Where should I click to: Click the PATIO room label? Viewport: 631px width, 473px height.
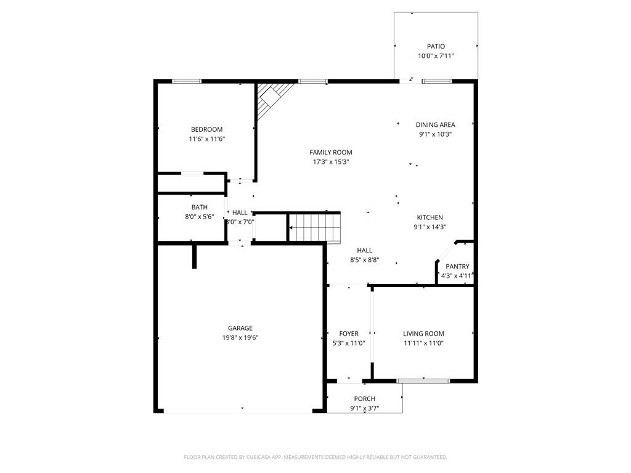pos(436,46)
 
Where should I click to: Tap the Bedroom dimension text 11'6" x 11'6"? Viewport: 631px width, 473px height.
pos(206,139)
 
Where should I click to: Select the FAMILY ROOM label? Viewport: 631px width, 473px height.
pos(331,152)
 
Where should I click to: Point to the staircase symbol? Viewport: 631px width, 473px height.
pos(315,227)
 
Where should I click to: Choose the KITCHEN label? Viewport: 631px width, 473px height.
pos(429,217)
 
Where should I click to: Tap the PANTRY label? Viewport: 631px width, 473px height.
pos(457,267)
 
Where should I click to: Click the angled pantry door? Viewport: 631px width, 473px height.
pos(445,254)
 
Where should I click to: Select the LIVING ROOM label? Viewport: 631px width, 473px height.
pos(423,334)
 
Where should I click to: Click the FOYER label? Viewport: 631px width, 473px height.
pos(348,334)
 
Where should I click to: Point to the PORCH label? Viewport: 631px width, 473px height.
pos(364,399)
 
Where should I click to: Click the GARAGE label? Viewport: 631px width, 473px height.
pos(240,328)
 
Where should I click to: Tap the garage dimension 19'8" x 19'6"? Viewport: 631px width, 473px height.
pos(240,338)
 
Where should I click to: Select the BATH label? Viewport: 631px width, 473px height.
pos(199,208)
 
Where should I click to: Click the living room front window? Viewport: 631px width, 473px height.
pos(423,381)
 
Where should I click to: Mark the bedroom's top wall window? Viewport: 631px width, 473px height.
pos(186,81)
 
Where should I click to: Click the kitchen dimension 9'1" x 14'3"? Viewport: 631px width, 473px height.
pos(429,227)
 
